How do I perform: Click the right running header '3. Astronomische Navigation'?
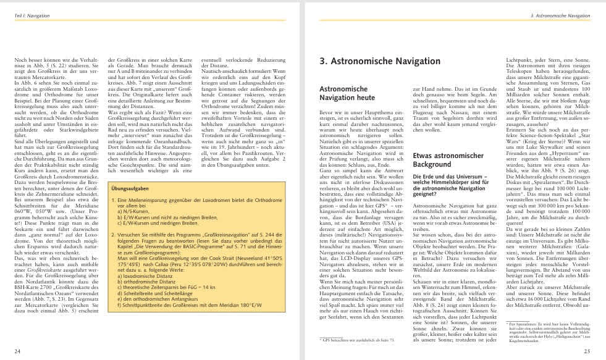click(x=570, y=14)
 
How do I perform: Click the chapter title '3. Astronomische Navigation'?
click(x=371, y=62)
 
